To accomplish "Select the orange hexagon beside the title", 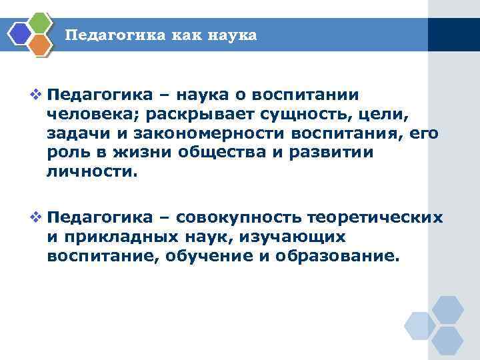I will click(x=41, y=45).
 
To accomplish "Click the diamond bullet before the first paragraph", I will click(x=38, y=93).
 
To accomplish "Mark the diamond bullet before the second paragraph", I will click(x=38, y=217).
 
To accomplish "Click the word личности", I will click(x=91, y=171).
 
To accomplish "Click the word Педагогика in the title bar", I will click(x=109, y=35).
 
